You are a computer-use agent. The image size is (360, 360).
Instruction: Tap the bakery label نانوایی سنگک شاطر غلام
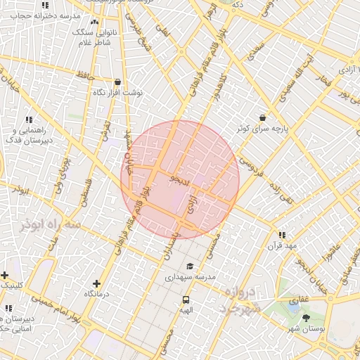95,37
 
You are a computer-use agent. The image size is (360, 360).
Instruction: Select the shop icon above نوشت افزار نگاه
117,82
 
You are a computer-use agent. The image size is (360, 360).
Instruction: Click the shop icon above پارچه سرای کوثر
262,117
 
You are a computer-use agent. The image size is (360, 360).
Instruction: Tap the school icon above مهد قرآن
282,235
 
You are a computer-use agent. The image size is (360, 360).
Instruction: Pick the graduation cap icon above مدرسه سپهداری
190,266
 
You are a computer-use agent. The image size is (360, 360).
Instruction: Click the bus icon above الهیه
185,298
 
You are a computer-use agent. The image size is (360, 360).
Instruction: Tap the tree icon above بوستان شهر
304,318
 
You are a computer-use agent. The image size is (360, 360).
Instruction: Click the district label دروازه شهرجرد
238,300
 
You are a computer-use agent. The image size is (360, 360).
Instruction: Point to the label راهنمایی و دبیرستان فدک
28,134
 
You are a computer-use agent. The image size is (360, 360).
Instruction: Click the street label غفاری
300,298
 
